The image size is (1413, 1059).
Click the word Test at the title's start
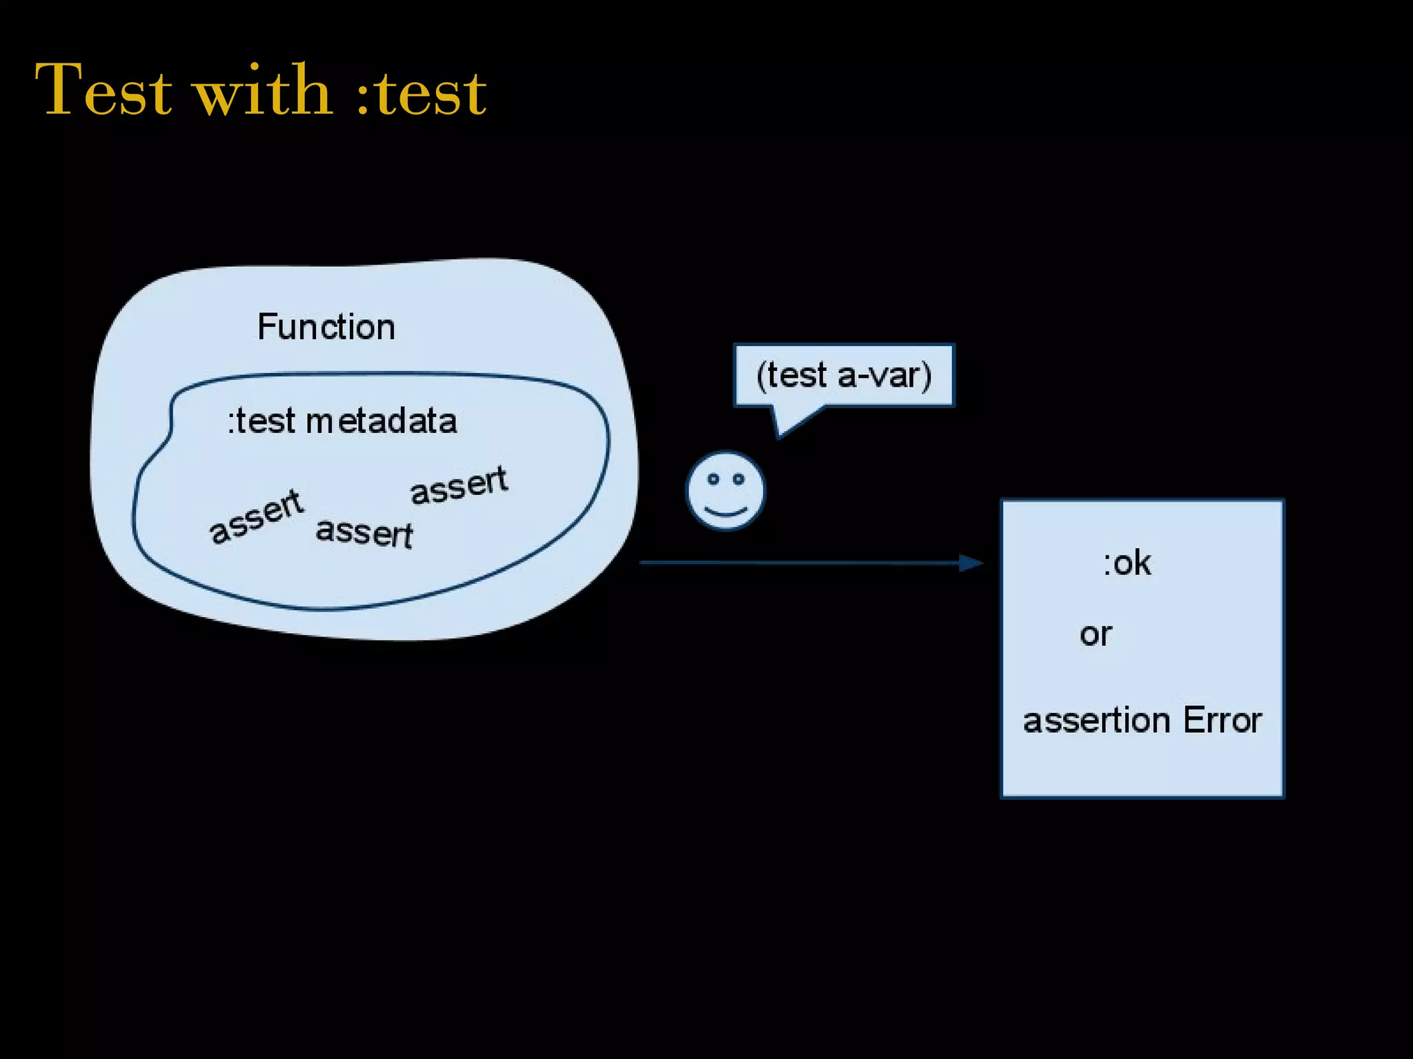pos(103,90)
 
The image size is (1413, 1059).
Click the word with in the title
pos(264,90)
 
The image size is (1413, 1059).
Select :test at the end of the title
pos(422,93)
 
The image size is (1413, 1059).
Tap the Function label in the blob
pos(326,327)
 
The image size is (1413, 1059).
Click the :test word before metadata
pos(262,421)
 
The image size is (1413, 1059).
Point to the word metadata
pos(382,421)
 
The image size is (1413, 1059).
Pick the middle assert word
pos(364,533)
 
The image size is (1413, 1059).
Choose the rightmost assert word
pos(459,485)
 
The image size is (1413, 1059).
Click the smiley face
pos(726,491)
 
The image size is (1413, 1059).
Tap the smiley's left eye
pos(713,479)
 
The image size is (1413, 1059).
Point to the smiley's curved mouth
pos(726,512)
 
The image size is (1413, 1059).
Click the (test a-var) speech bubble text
pos(844,376)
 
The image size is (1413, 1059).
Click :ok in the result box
pos(1127,563)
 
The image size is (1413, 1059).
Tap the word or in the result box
pos(1096,634)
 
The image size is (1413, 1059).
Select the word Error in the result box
pos(1222,720)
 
